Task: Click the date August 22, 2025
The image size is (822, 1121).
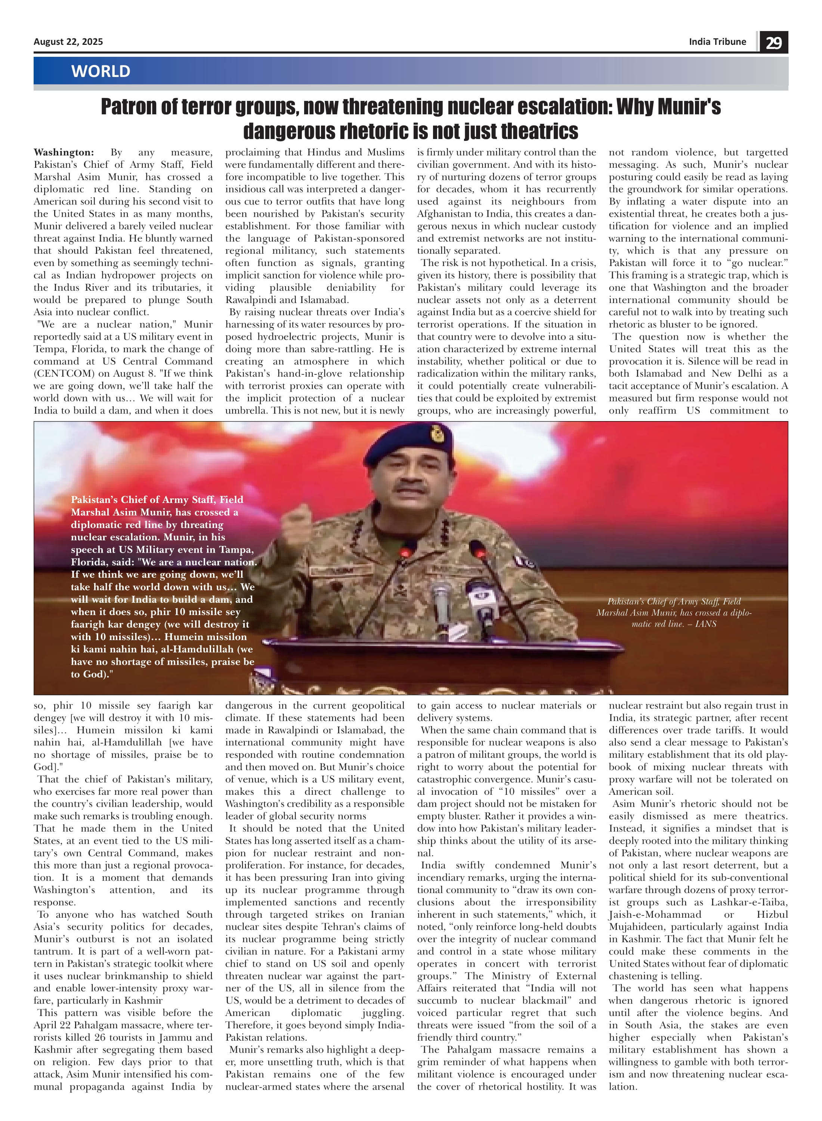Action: (68, 42)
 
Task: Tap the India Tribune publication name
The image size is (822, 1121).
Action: (717, 42)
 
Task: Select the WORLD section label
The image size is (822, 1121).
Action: (101, 71)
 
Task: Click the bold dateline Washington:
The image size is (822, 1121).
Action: (64, 152)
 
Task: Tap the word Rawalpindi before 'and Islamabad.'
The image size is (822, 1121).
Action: (253, 300)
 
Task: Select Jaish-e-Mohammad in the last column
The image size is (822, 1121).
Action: (655, 914)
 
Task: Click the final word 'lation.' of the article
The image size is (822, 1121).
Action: (623, 1087)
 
